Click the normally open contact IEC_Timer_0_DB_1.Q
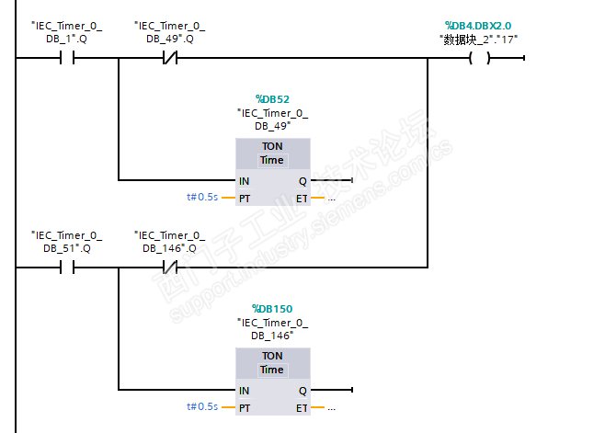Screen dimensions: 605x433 (x=67, y=58)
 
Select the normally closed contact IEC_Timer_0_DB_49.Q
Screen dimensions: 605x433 (x=170, y=58)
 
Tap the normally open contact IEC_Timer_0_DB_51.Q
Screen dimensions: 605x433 (x=67, y=267)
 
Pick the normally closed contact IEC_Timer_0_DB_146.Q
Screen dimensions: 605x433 (x=170, y=267)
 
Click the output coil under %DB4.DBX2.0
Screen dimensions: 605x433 (x=480, y=58)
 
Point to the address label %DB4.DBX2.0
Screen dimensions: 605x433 (x=478, y=26)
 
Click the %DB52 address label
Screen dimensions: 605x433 (x=272, y=99)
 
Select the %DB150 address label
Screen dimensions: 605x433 (x=272, y=309)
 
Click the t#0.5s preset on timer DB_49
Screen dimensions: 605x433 (x=202, y=198)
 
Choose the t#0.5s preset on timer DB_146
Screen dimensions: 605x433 (x=202, y=406)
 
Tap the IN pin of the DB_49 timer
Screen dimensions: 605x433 (x=244, y=181)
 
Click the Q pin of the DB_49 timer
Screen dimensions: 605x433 (x=302, y=181)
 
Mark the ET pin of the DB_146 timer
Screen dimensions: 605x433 (x=302, y=408)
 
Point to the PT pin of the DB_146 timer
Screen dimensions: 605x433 (x=245, y=408)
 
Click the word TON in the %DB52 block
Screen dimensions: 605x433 (x=272, y=147)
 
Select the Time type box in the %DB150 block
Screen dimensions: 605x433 (x=272, y=370)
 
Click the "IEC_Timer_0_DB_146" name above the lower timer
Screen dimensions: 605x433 (x=272, y=329)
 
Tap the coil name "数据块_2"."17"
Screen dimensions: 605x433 (x=478, y=40)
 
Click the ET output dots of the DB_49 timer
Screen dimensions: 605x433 (x=331, y=199)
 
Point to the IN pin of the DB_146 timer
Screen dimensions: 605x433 (x=244, y=391)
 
